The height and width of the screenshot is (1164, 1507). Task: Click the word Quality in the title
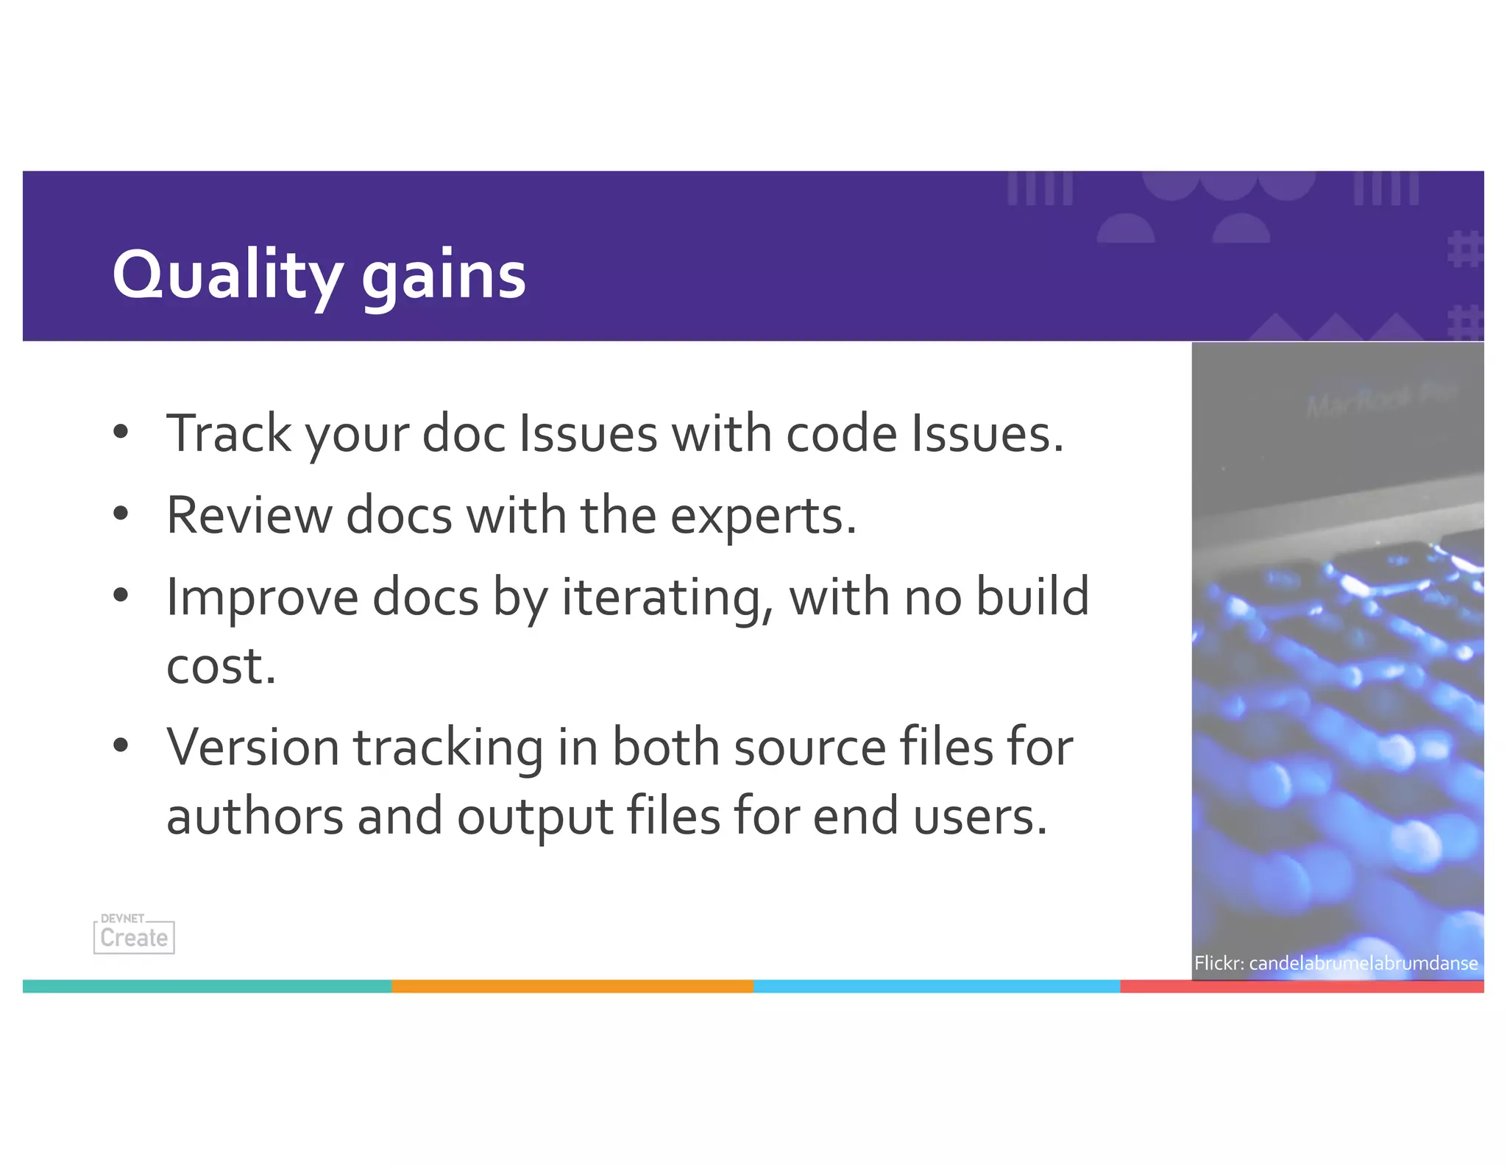(227, 275)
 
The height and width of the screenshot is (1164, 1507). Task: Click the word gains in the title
(444, 275)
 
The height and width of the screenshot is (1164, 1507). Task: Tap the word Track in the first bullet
(229, 433)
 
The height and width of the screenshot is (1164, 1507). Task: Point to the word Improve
(262, 597)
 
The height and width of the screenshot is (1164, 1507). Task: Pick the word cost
(221, 666)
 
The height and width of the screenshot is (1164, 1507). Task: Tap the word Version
(252, 748)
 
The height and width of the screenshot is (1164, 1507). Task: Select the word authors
(255, 817)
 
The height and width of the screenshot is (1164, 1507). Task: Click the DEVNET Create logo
(134, 934)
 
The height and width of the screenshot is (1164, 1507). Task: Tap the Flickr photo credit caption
(1336, 963)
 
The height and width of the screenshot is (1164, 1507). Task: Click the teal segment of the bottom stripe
(207, 986)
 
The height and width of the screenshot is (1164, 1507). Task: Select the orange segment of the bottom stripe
(572, 986)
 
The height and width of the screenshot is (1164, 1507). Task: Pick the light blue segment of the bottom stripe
(936, 986)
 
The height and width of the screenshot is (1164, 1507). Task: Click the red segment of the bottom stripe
(1301, 986)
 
